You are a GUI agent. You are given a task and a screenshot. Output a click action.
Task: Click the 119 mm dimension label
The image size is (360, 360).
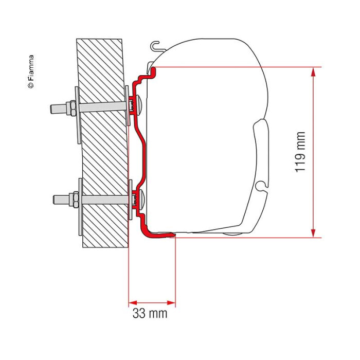300,152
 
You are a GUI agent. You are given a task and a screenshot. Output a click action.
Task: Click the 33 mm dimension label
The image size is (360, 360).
150,313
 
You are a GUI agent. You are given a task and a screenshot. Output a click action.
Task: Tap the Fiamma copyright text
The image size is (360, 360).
30,71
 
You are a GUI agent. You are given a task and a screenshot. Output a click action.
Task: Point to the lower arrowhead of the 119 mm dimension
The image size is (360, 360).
313,233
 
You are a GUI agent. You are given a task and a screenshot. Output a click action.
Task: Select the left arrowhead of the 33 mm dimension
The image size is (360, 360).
133,302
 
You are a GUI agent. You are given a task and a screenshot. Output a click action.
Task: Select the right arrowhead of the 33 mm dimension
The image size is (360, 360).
171,302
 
